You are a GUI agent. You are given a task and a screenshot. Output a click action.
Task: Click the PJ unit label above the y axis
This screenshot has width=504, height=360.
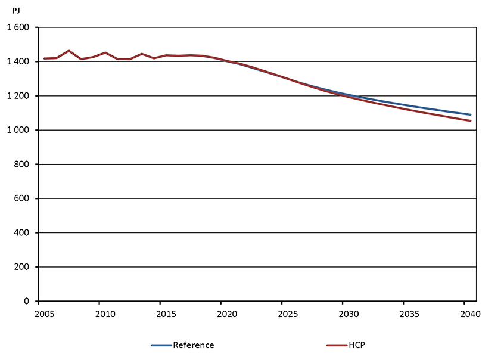click(x=15, y=11)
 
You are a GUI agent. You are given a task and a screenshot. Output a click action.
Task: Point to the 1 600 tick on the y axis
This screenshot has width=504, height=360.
click(x=18, y=28)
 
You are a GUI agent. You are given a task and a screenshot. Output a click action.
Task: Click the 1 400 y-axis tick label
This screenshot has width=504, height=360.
click(x=18, y=62)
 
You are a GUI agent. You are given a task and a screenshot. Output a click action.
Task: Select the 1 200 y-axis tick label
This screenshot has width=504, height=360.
click(x=18, y=96)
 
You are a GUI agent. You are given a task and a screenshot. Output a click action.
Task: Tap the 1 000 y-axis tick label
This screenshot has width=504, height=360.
click(x=18, y=131)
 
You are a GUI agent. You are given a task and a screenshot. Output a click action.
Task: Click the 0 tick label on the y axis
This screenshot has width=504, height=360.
click(x=27, y=302)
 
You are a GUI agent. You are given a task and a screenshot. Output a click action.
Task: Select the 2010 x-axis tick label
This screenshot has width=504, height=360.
click(x=104, y=314)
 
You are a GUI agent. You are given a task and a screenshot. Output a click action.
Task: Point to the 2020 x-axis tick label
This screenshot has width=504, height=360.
click(x=226, y=314)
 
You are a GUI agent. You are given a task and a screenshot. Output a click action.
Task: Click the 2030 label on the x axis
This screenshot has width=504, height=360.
click(x=347, y=314)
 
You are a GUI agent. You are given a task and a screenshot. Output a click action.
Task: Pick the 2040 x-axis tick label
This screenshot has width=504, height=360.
click(x=469, y=314)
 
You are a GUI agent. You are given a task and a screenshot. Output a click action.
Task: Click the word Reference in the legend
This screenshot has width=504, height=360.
click(x=193, y=345)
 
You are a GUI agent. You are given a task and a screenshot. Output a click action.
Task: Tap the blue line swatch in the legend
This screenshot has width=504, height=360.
click(x=161, y=345)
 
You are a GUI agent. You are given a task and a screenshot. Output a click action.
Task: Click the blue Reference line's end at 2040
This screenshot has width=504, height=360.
click(x=471, y=114)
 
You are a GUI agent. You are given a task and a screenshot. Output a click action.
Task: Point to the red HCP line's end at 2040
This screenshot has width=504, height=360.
click(x=471, y=121)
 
